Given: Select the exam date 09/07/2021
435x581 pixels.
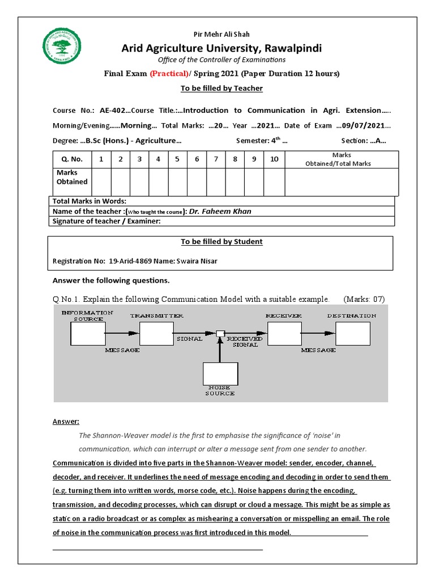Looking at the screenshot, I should click(365, 125).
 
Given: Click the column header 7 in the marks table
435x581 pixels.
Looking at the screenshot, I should click(216, 159).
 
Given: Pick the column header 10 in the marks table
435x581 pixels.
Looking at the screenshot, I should click(274, 159).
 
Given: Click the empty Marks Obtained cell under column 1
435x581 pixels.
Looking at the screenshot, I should click(101, 182).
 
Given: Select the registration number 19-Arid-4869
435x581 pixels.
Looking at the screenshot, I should click(131, 262).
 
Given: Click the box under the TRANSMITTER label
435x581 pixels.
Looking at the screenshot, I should click(156, 333).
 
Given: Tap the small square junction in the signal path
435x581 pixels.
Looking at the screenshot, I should click(220, 334).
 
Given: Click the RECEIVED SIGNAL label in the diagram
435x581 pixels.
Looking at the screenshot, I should click(245, 342).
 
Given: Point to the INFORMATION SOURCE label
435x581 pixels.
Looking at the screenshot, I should click(87, 315).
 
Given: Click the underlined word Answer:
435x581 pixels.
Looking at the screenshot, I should click(66, 422).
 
